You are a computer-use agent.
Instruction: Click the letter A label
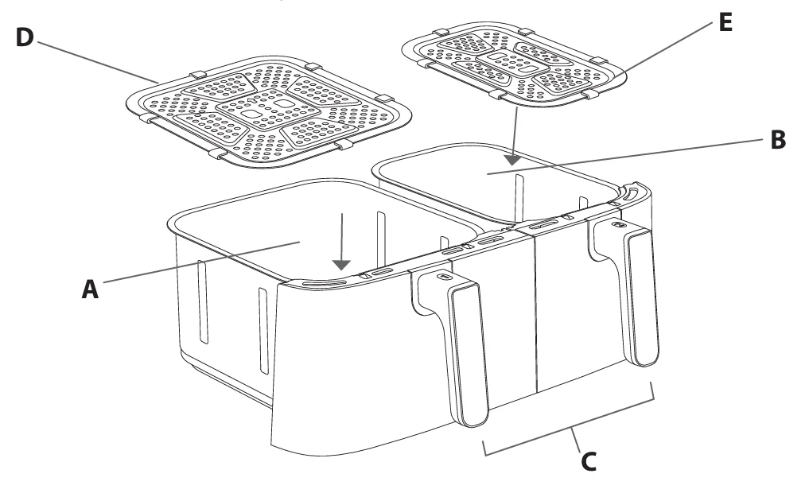(x=91, y=289)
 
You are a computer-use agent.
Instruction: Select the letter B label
(x=778, y=140)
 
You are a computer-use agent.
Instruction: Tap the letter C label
(x=589, y=461)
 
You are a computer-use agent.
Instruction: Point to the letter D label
(x=25, y=37)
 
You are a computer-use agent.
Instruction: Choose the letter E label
(x=725, y=23)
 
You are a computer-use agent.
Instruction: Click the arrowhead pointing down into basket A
(x=341, y=265)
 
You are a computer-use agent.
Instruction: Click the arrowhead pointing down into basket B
(x=512, y=161)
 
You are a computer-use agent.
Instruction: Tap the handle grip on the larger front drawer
(x=469, y=355)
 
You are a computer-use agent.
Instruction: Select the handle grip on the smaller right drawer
(x=641, y=298)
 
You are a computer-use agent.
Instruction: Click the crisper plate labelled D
(x=269, y=111)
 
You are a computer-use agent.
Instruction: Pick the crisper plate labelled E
(x=514, y=64)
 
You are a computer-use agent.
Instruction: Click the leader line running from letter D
(x=98, y=62)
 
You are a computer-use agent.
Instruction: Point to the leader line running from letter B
(x=624, y=157)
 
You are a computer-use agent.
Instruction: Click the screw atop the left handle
(x=441, y=277)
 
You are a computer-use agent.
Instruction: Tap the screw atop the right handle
(x=616, y=225)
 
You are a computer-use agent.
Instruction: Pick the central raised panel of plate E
(x=513, y=64)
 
